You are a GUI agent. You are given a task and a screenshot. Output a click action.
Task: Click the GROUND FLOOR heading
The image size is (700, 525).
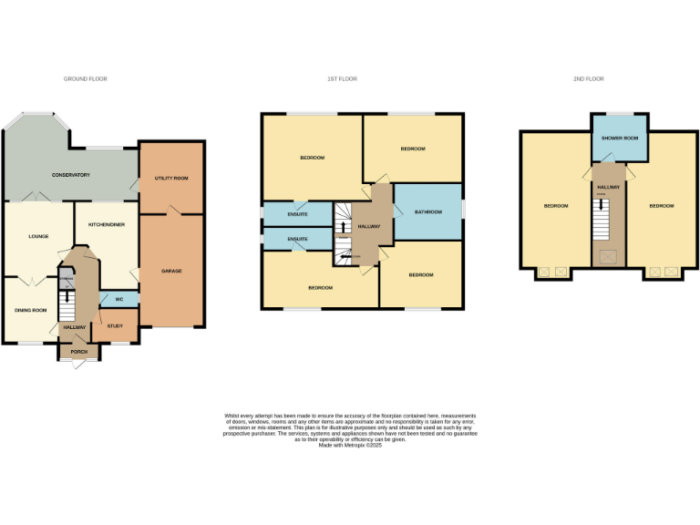coord(86,79)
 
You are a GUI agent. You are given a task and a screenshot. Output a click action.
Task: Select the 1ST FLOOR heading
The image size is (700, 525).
coord(342,79)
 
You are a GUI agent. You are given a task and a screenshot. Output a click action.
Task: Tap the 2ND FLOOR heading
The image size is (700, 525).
coord(589,79)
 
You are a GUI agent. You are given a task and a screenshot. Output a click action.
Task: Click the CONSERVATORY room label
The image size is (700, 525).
coord(71,174)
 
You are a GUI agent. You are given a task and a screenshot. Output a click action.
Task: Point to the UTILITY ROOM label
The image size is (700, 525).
coord(171,178)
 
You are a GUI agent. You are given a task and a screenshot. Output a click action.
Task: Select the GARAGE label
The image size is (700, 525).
coord(171,272)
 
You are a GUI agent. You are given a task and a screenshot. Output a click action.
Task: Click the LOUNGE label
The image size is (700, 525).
coord(38,236)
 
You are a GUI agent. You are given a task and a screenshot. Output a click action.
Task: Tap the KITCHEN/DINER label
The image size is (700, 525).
coord(107,224)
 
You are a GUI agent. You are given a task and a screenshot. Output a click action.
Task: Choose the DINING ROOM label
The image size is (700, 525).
coord(30,310)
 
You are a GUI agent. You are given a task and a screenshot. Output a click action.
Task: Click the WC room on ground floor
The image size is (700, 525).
coord(118,299)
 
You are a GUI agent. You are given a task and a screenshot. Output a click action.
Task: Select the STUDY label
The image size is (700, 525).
coord(115,325)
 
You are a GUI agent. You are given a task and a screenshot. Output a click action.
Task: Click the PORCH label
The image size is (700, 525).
coord(78,350)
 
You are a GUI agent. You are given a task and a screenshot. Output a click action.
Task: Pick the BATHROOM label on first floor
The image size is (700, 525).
coord(427,211)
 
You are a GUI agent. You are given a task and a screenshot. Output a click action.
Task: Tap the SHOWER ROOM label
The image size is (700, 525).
coord(620,138)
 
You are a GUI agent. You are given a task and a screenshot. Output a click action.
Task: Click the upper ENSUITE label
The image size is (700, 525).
coord(297,214)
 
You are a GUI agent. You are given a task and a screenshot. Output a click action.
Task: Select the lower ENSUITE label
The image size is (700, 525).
coord(297,239)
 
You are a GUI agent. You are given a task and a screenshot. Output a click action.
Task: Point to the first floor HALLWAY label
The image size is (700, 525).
coord(370,225)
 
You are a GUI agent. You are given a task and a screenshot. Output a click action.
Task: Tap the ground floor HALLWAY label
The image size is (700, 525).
coord(74,327)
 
